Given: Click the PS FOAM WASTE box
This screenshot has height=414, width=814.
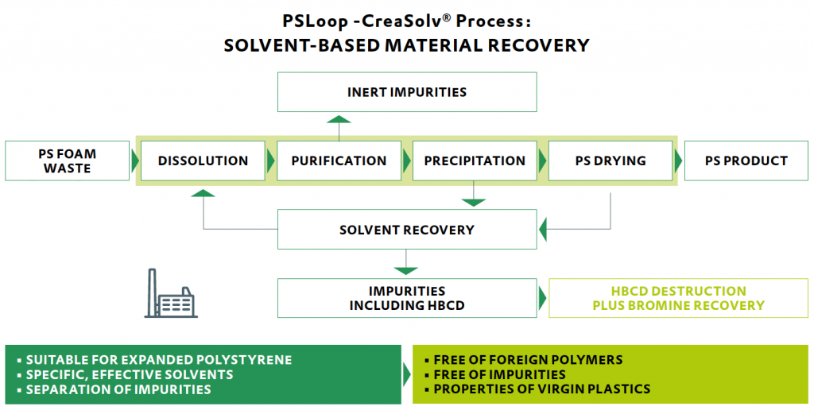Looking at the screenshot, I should (x=67, y=161).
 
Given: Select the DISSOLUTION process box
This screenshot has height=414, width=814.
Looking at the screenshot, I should (x=203, y=161).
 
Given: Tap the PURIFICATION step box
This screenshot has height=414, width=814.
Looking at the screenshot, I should (x=339, y=161).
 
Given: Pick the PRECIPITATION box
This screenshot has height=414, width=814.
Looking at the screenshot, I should (x=475, y=161).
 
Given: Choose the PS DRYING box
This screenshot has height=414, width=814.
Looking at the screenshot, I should (x=610, y=161).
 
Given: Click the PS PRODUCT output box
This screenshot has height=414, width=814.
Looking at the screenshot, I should (x=746, y=161).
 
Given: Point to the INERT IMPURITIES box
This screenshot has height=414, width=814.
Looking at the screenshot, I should (x=406, y=92).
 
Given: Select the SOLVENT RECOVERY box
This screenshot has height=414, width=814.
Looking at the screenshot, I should (x=406, y=230).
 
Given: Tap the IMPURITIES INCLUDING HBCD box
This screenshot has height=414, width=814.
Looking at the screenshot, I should (x=406, y=298).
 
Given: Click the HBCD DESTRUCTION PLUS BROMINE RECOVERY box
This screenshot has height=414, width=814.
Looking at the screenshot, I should (x=678, y=298).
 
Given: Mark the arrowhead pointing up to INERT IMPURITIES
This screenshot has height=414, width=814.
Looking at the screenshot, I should (x=339, y=119).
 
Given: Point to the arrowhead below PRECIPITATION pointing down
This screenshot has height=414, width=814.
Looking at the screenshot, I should (x=474, y=202).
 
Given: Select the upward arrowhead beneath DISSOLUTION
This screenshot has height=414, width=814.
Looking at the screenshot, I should (x=203, y=193).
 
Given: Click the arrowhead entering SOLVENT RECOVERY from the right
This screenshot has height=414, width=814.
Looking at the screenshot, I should (x=544, y=230).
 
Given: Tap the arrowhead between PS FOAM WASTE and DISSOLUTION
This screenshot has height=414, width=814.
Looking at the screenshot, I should (x=135, y=161).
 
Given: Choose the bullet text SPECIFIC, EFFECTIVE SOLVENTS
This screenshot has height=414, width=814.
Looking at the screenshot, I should (x=130, y=375).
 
